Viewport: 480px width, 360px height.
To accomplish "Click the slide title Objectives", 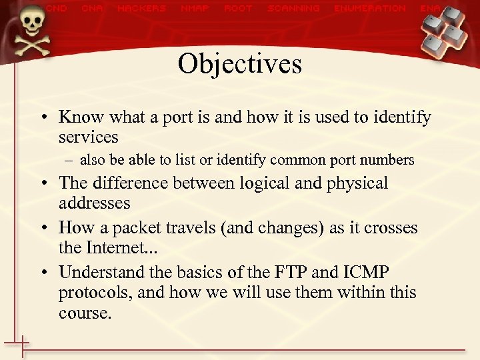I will pos(239,64).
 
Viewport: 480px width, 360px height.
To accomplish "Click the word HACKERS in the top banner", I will pos(141,9).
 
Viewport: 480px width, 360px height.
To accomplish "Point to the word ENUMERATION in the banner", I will pos(369,9).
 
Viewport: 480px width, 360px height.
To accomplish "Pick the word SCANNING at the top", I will pos(293,9).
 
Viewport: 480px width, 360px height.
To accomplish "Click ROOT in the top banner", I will pos(239,9).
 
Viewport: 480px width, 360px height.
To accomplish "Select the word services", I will pos(88,137).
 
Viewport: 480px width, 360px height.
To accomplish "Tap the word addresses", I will pos(94,203).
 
